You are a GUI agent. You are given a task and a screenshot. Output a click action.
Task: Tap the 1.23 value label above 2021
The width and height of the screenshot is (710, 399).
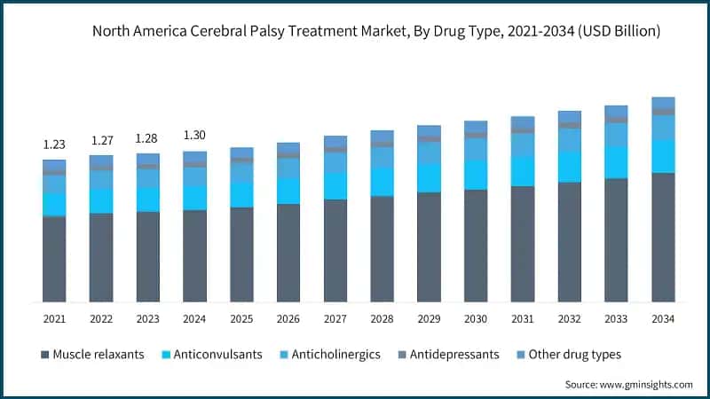point(54,144)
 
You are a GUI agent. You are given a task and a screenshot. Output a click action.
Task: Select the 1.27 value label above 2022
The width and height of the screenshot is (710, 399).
point(101,139)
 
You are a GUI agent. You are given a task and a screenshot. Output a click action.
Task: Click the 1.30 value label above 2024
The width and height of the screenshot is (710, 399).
point(194,135)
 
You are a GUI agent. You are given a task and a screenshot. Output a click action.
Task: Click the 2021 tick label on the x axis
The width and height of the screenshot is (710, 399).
point(54,318)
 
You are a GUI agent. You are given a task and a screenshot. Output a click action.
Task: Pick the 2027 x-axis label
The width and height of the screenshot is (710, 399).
point(335,318)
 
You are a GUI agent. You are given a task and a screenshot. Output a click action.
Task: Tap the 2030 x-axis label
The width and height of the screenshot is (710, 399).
point(476,318)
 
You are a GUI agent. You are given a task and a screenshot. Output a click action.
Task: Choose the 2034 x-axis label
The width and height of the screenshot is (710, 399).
point(663,318)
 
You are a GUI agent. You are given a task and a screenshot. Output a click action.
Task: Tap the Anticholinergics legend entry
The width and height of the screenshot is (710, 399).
point(332,355)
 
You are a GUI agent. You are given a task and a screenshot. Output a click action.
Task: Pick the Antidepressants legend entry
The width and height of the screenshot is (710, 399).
point(453,355)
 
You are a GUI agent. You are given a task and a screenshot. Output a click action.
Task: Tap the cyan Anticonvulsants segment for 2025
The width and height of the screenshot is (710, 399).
point(241,194)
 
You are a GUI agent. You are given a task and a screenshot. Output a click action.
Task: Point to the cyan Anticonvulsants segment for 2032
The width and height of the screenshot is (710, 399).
point(570,166)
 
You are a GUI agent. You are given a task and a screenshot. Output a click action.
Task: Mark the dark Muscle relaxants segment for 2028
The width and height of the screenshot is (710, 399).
point(382,249)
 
